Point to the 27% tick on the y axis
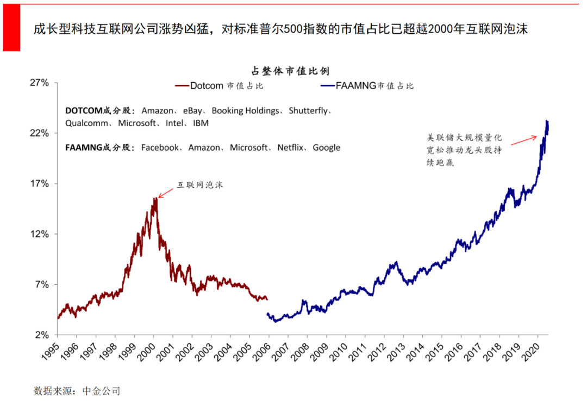coord(39,83)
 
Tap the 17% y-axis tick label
coord(39,184)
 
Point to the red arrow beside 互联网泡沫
coord(166,192)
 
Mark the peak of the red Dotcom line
coord(155,198)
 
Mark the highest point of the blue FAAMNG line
coord(546,121)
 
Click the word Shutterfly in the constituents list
coord(308,111)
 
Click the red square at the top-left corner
coord(11,27)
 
